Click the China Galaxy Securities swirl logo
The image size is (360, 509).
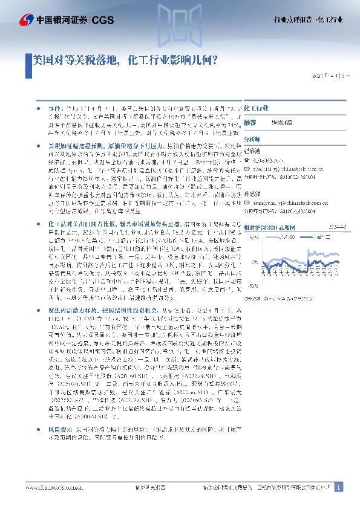pyautogui.click(x=11, y=19)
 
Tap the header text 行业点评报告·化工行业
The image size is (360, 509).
pyautogui.click(x=309, y=20)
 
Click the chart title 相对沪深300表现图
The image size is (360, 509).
pyautogui.click(x=269, y=227)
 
